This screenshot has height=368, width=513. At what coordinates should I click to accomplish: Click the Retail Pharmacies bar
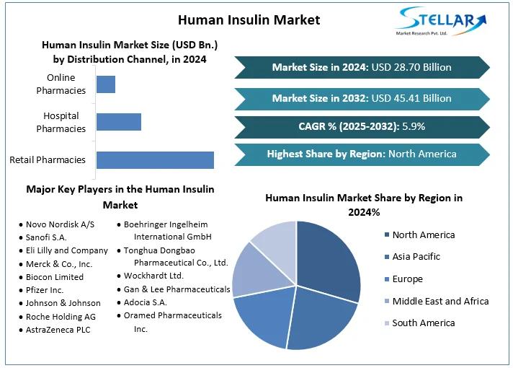pyautogui.click(x=155, y=160)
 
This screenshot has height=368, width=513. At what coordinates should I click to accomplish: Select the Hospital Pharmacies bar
pyautogui.click(x=118, y=122)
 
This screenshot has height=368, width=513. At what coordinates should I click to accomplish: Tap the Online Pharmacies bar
pyautogui.click(x=105, y=84)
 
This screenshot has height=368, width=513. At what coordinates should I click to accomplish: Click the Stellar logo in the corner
pyautogui.click(x=441, y=22)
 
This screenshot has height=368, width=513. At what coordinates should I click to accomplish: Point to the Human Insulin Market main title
pyautogui.click(x=249, y=19)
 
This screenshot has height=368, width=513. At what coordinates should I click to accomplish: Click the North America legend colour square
pyautogui.click(x=387, y=235)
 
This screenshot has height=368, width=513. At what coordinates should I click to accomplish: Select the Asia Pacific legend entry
pyautogui.click(x=416, y=257)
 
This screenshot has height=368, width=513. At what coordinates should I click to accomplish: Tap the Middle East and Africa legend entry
pyautogui.click(x=440, y=301)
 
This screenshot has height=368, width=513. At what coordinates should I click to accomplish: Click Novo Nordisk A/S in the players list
pyautogui.click(x=60, y=224)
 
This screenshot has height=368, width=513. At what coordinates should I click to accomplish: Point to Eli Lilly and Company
pyautogui.click(x=66, y=250)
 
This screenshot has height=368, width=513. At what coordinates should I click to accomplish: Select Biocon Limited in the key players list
pyautogui.click(x=55, y=277)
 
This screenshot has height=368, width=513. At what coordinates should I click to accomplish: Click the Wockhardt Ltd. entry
pyautogui.click(x=153, y=276)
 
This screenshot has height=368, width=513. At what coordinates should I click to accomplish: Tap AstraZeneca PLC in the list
pyautogui.click(x=58, y=329)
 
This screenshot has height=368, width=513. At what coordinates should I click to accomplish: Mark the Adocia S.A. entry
pyautogui.click(x=145, y=302)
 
